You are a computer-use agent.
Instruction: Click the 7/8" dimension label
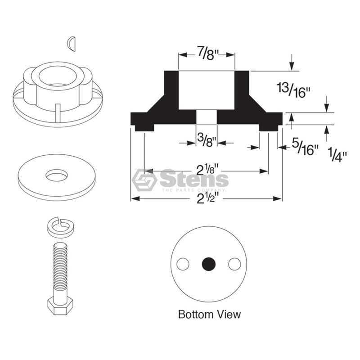click(x=207, y=54)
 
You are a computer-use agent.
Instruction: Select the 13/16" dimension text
click(x=293, y=90)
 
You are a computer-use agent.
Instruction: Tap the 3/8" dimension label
click(x=207, y=140)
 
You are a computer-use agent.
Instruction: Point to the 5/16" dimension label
click(x=305, y=147)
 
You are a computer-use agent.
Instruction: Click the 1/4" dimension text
click(x=337, y=155)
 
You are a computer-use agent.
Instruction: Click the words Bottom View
click(x=209, y=314)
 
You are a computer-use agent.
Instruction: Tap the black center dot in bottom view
click(x=209, y=264)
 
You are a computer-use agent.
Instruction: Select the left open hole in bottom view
click(x=183, y=264)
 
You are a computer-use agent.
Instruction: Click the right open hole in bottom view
click(x=234, y=264)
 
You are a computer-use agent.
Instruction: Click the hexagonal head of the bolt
click(x=60, y=306)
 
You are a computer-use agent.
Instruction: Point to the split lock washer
click(x=61, y=228)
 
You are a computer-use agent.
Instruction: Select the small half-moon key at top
click(x=72, y=43)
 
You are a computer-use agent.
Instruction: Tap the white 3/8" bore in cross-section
click(x=207, y=117)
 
